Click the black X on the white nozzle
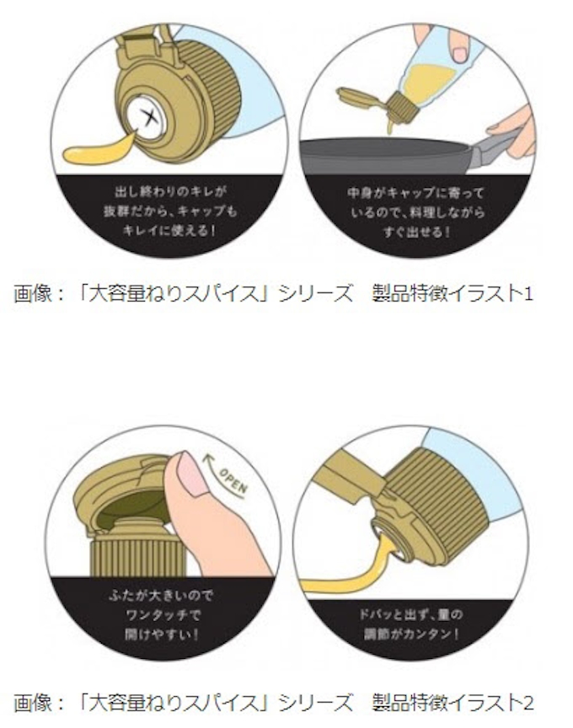[x=148, y=118]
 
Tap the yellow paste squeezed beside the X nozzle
[x=99, y=149]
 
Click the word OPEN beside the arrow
[x=233, y=481]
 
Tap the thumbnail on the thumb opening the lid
[x=193, y=472]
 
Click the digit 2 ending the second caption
[x=528, y=703]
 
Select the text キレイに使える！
[x=170, y=231]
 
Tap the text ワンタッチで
[x=163, y=615]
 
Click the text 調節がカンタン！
[x=411, y=634]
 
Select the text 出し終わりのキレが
[x=170, y=192]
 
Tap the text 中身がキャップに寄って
[x=415, y=192]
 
